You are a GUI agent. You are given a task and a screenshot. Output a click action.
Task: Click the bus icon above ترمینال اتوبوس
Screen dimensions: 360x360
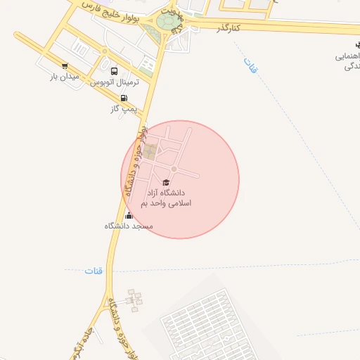click(x=115, y=70)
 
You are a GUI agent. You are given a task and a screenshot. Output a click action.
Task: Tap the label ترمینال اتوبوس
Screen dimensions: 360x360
click(x=115, y=82)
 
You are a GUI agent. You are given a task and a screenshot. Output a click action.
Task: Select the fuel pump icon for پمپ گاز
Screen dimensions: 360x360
click(x=125, y=98)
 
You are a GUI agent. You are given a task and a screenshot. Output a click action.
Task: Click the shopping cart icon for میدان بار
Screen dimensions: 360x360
click(x=65, y=65)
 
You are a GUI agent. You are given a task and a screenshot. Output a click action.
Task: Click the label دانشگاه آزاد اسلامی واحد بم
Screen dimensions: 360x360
click(x=166, y=198)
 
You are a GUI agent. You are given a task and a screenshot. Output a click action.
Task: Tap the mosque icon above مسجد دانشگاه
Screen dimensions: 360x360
click(x=129, y=216)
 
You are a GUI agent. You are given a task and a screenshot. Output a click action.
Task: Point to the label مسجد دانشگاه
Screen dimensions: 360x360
click(x=129, y=226)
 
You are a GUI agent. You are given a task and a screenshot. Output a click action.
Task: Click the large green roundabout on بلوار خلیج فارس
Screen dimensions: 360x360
click(x=168, y=23)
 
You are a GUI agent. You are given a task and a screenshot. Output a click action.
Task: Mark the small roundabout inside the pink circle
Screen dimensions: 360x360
click(x=174, y=169)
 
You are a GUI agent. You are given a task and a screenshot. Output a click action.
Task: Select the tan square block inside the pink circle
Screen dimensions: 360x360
click(x=150, y=150)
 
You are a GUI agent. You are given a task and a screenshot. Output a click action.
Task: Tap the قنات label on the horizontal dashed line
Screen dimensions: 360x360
click(x=94, y=271)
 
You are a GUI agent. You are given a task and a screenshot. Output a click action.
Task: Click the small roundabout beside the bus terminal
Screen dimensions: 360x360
click(x=104, y=51)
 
